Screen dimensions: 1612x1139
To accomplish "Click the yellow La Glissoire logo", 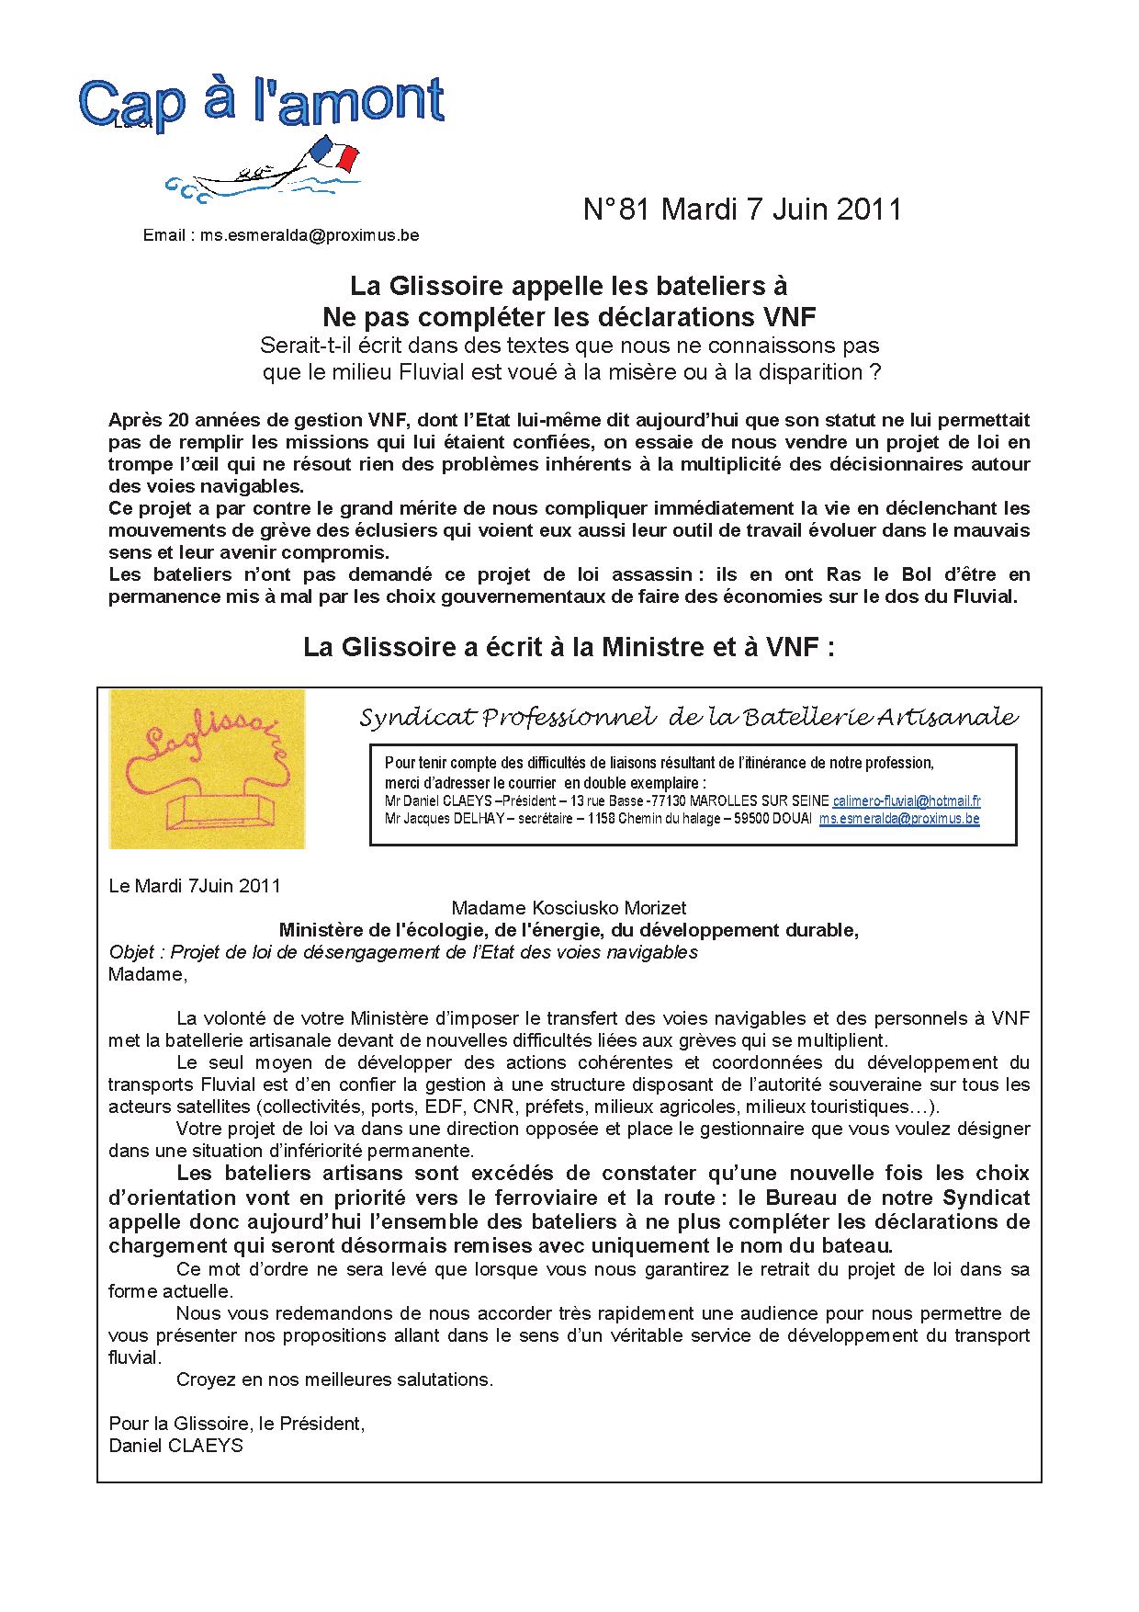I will coord(208,768).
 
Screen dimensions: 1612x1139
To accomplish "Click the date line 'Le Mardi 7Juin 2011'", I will coord(195,886).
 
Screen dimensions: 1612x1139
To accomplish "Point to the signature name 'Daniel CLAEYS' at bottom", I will coord(176,1446).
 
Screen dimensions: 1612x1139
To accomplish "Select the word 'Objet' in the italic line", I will coord(130,952).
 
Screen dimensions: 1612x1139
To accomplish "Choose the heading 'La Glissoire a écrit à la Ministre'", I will coord(569,648).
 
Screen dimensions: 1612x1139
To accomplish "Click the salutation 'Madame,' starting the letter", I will coord(147,974).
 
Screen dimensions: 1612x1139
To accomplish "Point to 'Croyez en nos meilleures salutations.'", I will coord(334,1379).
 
